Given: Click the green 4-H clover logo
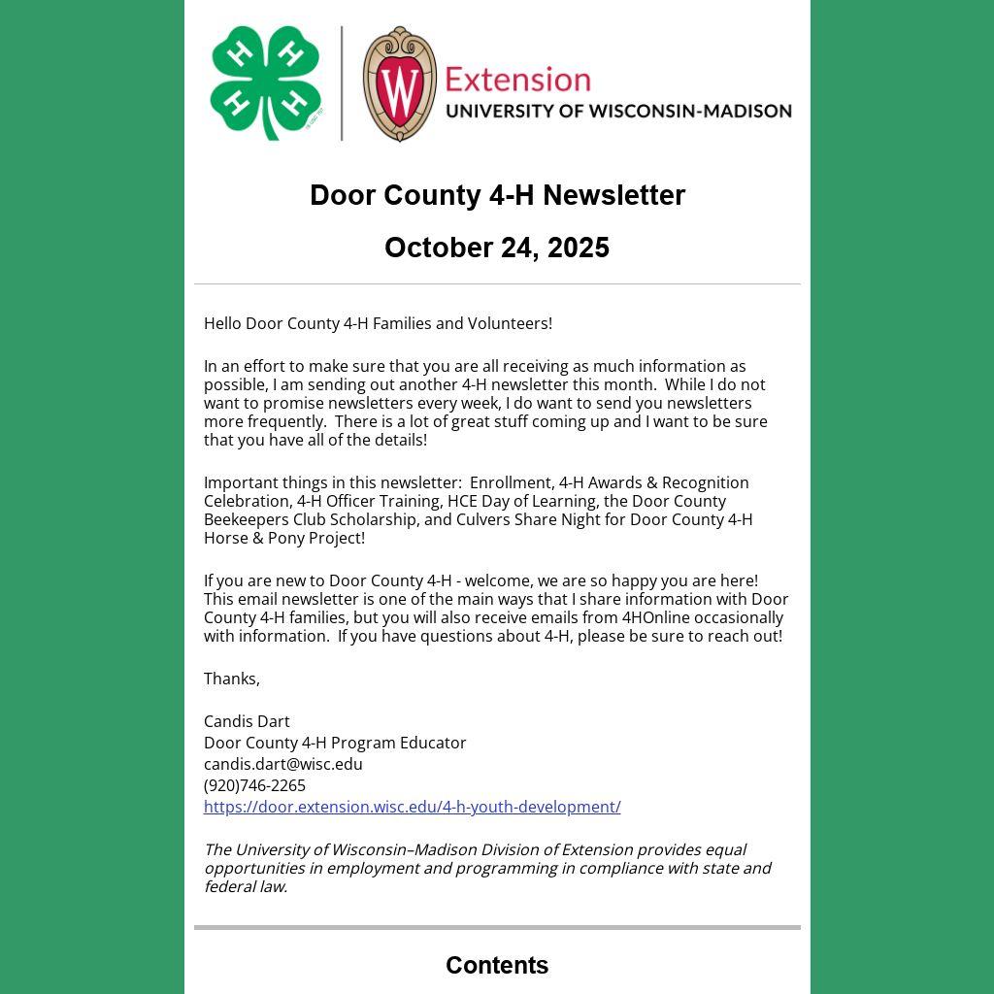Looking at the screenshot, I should [265, 83].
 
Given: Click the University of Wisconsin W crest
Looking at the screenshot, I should [399, 83].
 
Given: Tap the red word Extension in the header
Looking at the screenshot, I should [517, 80].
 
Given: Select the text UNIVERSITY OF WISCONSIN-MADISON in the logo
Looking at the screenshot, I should [618, 111].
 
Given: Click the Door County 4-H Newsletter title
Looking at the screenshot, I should [497, 195].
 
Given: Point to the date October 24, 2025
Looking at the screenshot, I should [497, 248].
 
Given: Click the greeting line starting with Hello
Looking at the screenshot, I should [378, 323].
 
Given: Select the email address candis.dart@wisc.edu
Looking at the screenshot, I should [282, 764].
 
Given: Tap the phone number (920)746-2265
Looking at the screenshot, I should [254, 785].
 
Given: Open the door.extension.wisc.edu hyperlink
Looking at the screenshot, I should [412, 807].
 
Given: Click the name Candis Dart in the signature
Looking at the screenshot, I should [247, 721].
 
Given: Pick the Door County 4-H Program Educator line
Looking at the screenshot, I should [335, 743].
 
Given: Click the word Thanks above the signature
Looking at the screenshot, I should [231, 679].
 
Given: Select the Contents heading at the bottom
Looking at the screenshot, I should [497, 965].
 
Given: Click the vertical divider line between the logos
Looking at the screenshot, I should [342, 83].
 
